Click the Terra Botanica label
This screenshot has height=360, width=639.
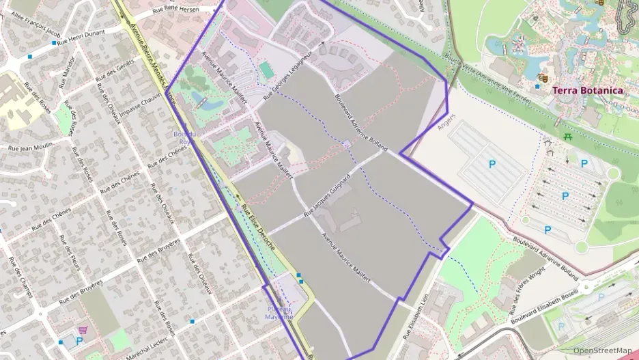587,90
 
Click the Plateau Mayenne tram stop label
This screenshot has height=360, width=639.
279,314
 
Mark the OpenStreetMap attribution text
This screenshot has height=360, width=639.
602,350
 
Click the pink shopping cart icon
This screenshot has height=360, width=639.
83,329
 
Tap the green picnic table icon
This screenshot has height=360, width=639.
568,137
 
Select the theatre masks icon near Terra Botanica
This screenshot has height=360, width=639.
543,78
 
